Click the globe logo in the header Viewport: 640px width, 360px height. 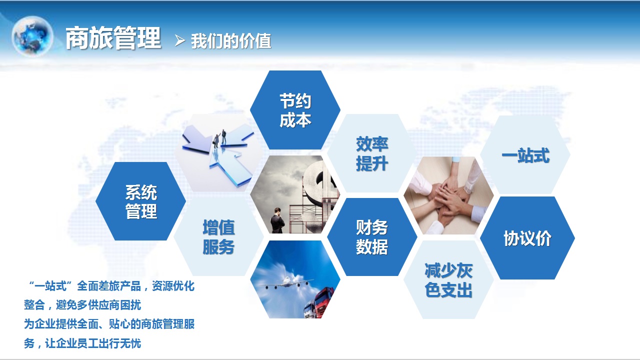[32, 35]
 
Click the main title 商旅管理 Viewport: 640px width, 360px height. [113, 38]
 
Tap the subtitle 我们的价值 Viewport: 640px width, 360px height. [231, 41]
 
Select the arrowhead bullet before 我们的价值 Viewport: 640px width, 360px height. [179, 40]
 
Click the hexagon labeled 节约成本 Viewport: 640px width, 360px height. [295, 110]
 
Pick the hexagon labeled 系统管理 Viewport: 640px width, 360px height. [141, 201]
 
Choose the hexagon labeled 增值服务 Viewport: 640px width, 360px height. [218, 236]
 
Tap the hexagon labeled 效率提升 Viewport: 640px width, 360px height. [371, 153]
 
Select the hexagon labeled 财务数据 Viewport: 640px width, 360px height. [371, 237]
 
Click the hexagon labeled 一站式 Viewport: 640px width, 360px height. [525, 155]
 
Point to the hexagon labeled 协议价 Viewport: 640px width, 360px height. [527, 238]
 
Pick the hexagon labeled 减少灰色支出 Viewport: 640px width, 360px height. [448, 279]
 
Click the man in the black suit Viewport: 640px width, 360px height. [277, 220]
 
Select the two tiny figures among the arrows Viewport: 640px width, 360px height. [220, 138]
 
